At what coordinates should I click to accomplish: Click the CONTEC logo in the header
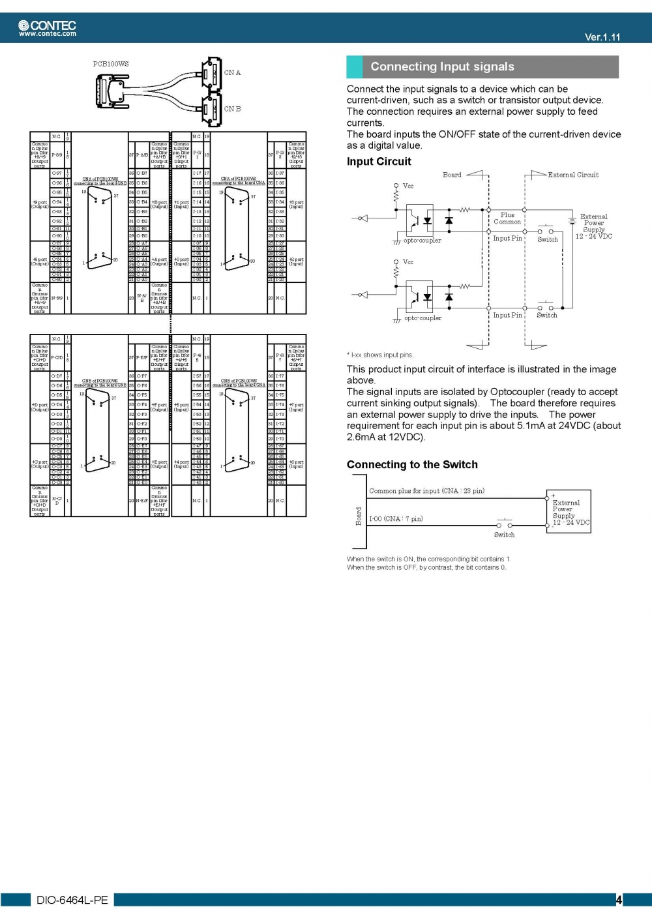(47, 25)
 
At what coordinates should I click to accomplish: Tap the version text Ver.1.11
(602, 37)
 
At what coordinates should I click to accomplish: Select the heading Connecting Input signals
(442, 67)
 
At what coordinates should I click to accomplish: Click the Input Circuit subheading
(379, 162)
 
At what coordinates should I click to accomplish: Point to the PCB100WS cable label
(111, 64)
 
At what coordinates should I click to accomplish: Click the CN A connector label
(232, 73)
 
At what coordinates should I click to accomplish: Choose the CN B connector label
(232, 109)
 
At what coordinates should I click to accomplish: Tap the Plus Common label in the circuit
(507, 218)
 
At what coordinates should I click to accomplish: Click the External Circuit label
(572, 175)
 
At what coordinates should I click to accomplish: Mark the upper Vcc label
(408, 186)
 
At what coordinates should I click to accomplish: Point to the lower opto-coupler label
(422, 318)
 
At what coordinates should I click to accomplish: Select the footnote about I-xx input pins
(380, 355)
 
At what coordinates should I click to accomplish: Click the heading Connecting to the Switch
(412, 464)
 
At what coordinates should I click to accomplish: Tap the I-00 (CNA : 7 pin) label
(396, 519)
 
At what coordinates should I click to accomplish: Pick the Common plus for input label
(426, 491)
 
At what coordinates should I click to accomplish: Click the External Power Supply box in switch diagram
(569, 512)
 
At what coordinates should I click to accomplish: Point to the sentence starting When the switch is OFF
(426, 567)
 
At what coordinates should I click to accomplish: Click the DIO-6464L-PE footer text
(72, 900)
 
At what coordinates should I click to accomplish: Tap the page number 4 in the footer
(619, 900)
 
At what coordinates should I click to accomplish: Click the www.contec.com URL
(48, 34)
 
